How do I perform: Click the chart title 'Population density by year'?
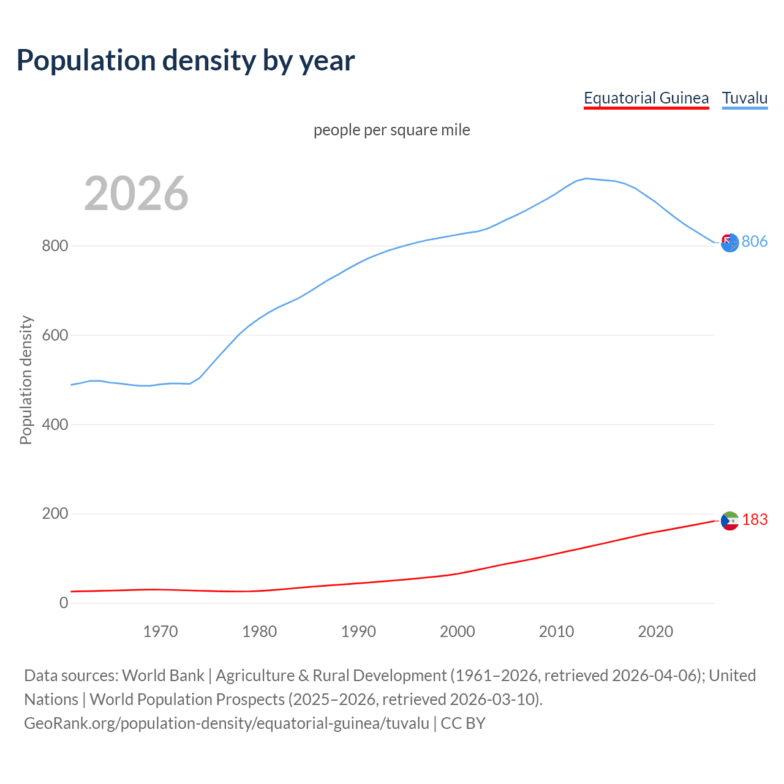(186, 60)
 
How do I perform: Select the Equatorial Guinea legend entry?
(646, 98)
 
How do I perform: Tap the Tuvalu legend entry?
(744, 98)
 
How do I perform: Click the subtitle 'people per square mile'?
(391, 130)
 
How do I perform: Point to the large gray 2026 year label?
(136, 194)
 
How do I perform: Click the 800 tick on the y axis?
(55, 246)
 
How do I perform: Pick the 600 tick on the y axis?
(55, 336)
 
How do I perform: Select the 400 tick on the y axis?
(55, 424)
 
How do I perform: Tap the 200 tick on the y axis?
(55, 514)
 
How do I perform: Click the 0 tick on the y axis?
(64, 603)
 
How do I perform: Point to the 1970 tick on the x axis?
(160, 631)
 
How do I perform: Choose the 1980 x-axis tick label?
(259, 631)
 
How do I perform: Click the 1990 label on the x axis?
(358, 631)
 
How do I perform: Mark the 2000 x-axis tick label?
(458, 631)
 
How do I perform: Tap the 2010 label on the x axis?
(556, 631)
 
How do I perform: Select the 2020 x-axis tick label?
(655, 631)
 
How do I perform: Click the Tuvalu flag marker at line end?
(729, 243)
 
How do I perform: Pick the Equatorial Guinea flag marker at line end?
(729, 521)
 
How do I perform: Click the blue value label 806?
(755, 242)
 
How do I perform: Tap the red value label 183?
(755, 520)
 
